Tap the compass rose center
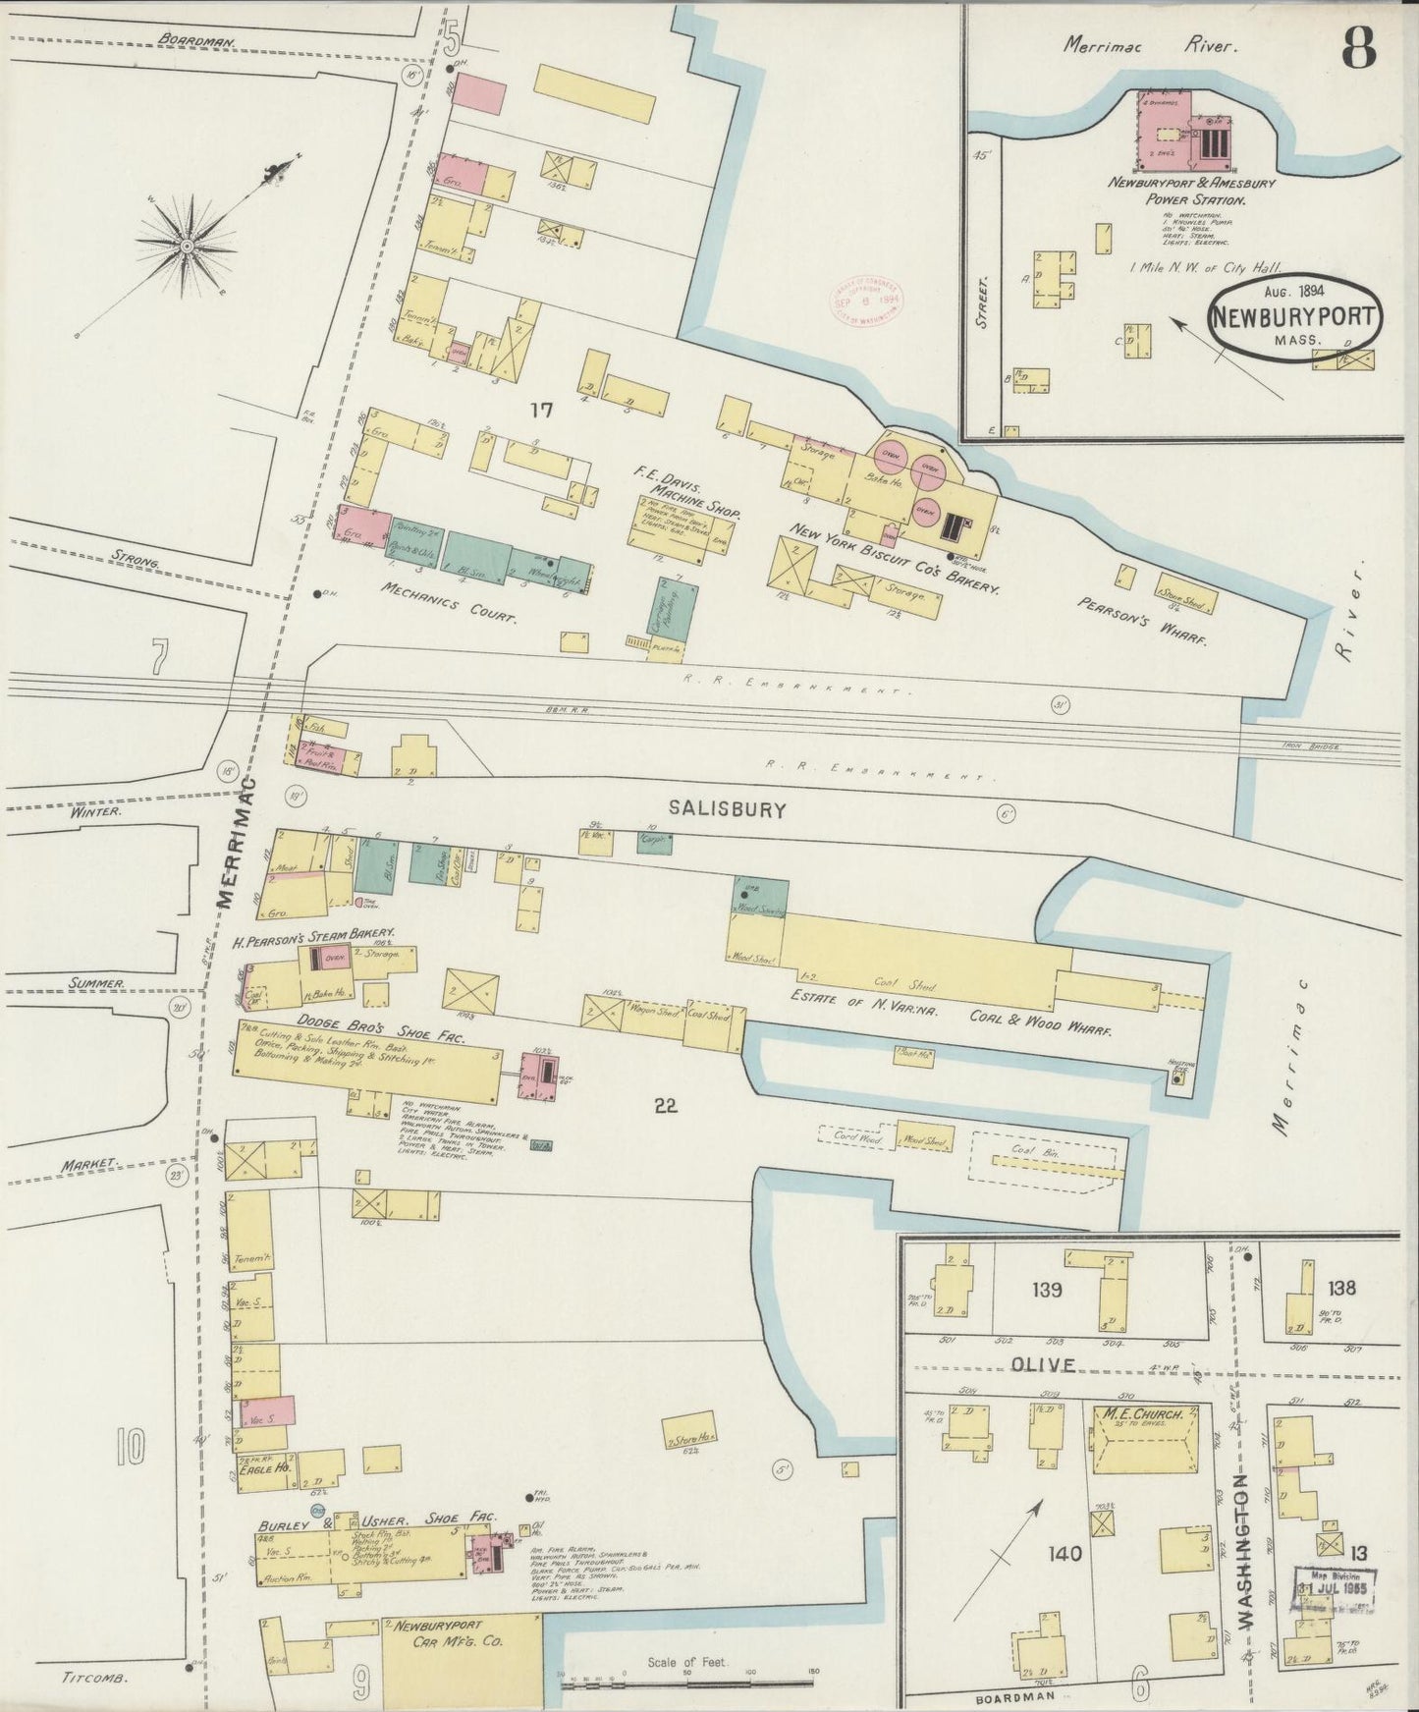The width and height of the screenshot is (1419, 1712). [x=186, y=244]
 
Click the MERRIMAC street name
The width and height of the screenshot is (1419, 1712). [x=237, y=842]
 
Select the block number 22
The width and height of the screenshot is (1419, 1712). [x=665, y=1106]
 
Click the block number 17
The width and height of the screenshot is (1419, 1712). [x=541, y=411]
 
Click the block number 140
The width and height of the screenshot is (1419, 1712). [x=1064, y=1554]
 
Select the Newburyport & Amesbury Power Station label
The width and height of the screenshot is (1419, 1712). [x=1177, y=191]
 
